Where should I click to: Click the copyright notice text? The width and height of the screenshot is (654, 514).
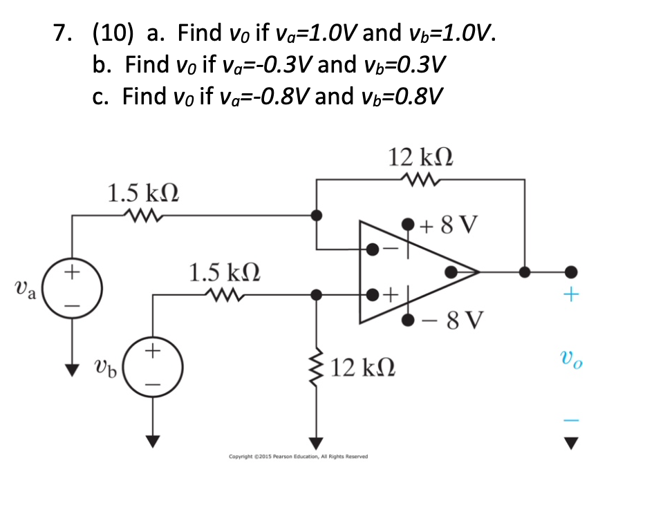pos(298,457)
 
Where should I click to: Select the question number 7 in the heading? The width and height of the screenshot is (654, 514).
pos(62,32)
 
